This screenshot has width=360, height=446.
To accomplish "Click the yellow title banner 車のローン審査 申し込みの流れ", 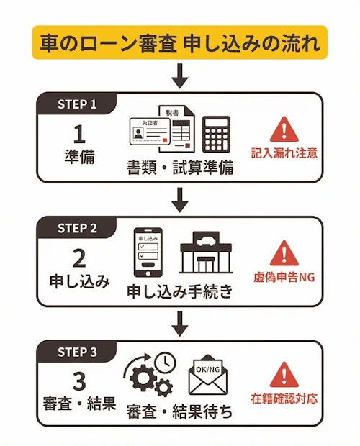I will [x=179, y=42].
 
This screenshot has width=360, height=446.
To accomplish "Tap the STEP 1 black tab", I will [x=77, y=104].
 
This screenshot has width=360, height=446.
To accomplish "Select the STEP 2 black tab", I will [x=77, y=228].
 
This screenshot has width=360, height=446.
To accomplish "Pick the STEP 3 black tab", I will [x=77, y=352].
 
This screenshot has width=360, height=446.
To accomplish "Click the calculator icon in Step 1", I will [x=216, y=135].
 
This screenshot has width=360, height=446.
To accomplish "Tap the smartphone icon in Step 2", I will [x=146, y=253].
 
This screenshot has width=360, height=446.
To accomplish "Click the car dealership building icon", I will [x=207, y=253].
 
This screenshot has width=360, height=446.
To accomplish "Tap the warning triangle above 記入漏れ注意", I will [x=284, y=129].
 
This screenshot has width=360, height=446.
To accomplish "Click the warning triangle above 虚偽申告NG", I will [x=284, y=253].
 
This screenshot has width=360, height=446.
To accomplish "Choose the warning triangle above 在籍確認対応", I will [x=284, y=376].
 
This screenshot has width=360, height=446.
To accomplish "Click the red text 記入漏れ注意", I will [x=284, y=153].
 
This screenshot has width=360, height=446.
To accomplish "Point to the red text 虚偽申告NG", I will [x=284, y=277].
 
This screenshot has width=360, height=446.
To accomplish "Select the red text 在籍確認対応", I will [x=284, y=399].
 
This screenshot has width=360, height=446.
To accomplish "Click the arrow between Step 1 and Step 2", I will [x=180, y=199].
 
